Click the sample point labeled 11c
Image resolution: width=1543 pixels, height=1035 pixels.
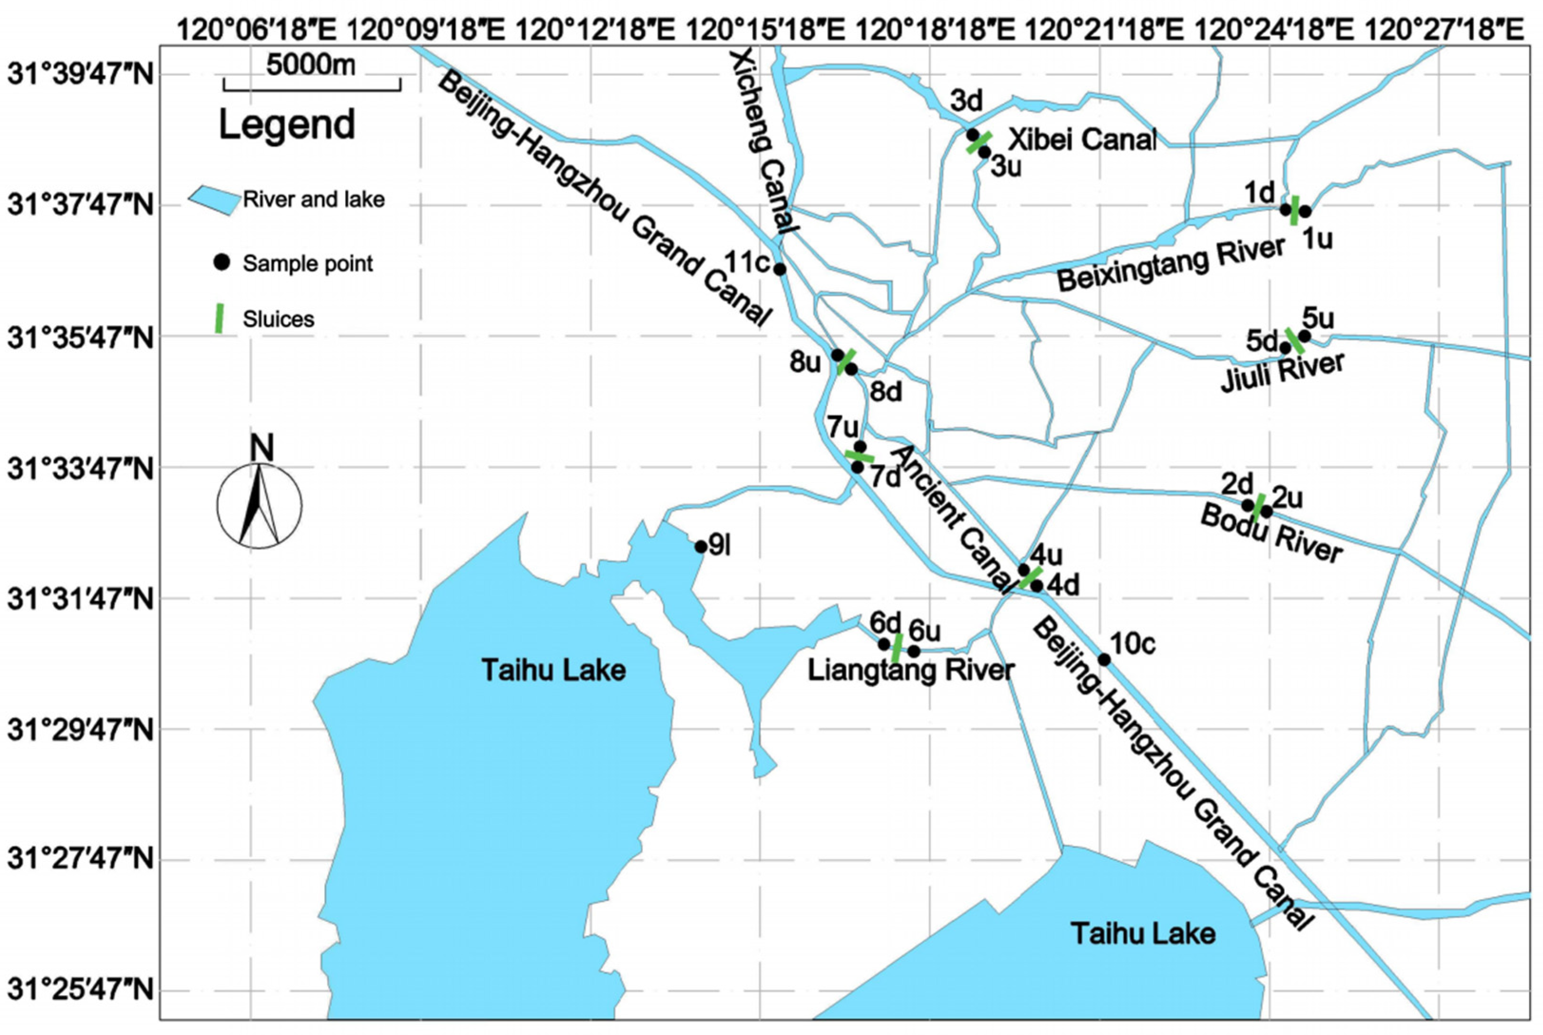pyautogui.click(x=780, y=269)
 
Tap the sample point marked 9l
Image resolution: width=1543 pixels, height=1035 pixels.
pyautogui.click(x=700, y=547)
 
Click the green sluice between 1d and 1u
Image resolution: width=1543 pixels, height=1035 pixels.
pyautogui.click(x=1295, y=211)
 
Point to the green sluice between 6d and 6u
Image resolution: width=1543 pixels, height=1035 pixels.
pyautogui.click(x=897, y=648)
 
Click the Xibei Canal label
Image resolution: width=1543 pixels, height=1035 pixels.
pyautogui.click(x=1082, y=140)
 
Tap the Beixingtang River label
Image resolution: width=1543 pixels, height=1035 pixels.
pyautogui.click(x=1171, y=264)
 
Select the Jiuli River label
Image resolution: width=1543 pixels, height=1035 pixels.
pyautogui.click(x=1283, y=373)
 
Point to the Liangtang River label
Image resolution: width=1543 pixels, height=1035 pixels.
pyautogui.click(x=911, y=671)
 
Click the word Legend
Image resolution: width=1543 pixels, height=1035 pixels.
pyautogui.click(x=287, y=124)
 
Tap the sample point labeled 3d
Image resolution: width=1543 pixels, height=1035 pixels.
pyautogui.click(x=972, y=135)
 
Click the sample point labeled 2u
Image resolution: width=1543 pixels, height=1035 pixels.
pyautogui.click(x=1266, y=511)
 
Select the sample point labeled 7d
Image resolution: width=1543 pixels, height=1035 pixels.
pyautogui.click(x=857, y=467)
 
